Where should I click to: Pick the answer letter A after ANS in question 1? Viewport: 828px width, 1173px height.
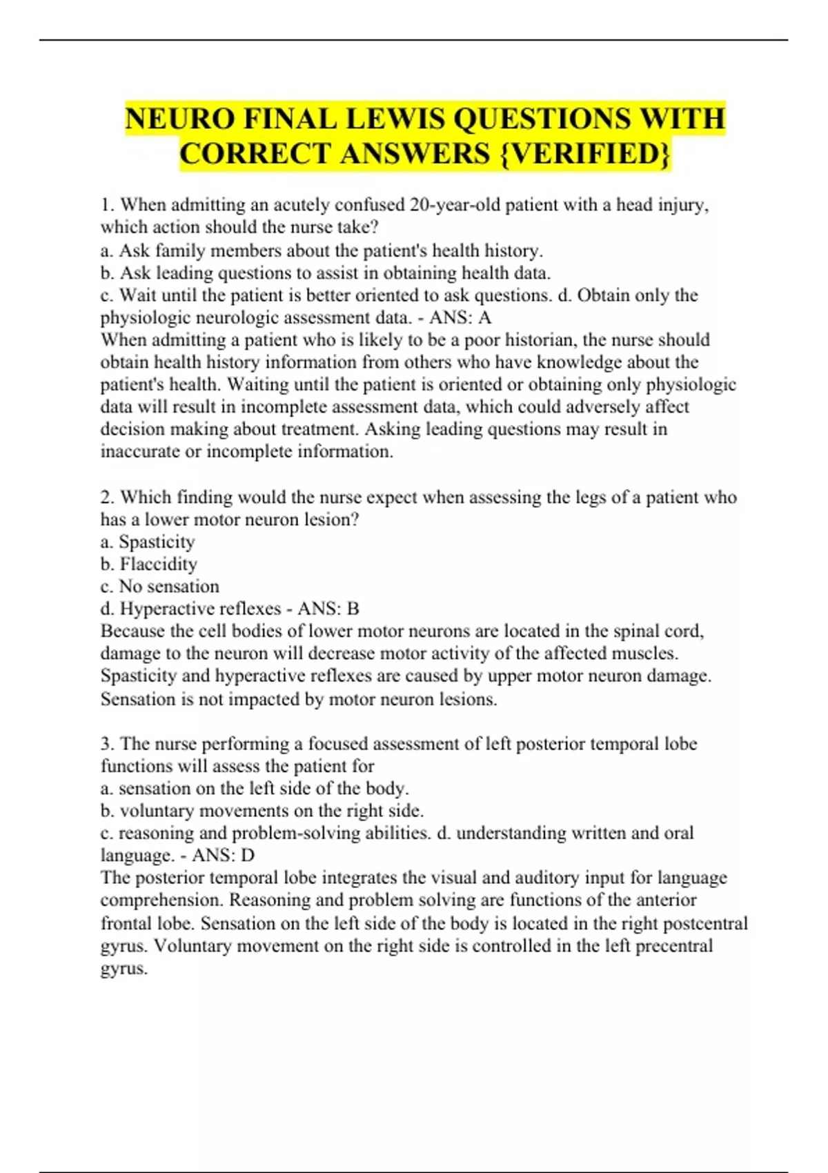(x=485, y=317)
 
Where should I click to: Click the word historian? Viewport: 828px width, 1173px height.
(x=541, y=339)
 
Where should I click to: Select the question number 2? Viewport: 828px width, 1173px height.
(x=106, y=497)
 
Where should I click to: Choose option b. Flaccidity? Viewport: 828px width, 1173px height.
(x=149, y=564)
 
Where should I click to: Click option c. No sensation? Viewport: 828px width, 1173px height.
(x=160, y=586)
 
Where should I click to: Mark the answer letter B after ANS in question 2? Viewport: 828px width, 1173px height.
(x=353, y=609)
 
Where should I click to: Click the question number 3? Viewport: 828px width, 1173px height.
(x=106, y=743)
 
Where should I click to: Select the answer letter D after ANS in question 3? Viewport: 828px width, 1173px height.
(x=247, y=855)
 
